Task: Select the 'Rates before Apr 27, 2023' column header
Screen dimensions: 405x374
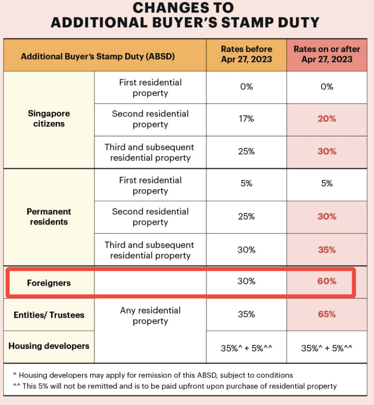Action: click(x=246, y=54)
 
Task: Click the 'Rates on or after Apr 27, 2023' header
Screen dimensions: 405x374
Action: click(x=327, y=54)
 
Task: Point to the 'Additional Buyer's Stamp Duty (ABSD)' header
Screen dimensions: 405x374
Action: click(x=98, y=56)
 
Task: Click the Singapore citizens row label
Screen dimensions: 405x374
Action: click(x=49, y=118)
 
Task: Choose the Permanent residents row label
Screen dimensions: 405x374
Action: click(x=49, y=217)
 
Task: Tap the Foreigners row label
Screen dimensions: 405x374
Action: click(x=49, y=283)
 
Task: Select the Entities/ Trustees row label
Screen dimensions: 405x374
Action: click(x=49, y=315)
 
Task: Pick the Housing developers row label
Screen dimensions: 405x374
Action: click(x=49, y=346)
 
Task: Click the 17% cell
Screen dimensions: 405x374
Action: click(x=246, y=119)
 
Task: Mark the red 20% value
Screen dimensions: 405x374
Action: click(x=327, y=119)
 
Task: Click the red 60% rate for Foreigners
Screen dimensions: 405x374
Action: click(x=327, y=281)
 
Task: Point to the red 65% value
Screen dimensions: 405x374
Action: click(x=327, y=314)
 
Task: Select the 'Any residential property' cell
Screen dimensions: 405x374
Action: click(x=150, y=316)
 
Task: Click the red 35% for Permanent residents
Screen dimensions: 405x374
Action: click(x=327, y=250)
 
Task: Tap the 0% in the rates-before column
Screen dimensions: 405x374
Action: click(x=246, y=87)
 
